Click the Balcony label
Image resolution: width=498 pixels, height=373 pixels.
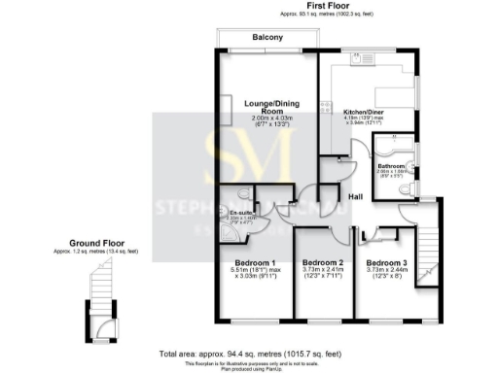pyautogui.click(x=267, y=37)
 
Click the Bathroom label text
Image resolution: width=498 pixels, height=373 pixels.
pyautogui.click(x=391, y=166)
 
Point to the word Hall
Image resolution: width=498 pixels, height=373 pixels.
pyautogui.click(x=355, y=197)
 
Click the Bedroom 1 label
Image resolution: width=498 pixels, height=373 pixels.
pyautogui.click(x=252, y=263)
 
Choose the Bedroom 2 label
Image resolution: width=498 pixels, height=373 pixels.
pyautogui.click(x=322, y=262)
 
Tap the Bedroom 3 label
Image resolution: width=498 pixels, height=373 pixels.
pyautogui.click(x=386, y=262)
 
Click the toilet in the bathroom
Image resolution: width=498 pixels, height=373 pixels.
pyautogui.click(x=408, y=189)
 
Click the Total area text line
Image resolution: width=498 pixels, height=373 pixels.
pyautogui.click(x=249, y=354)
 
